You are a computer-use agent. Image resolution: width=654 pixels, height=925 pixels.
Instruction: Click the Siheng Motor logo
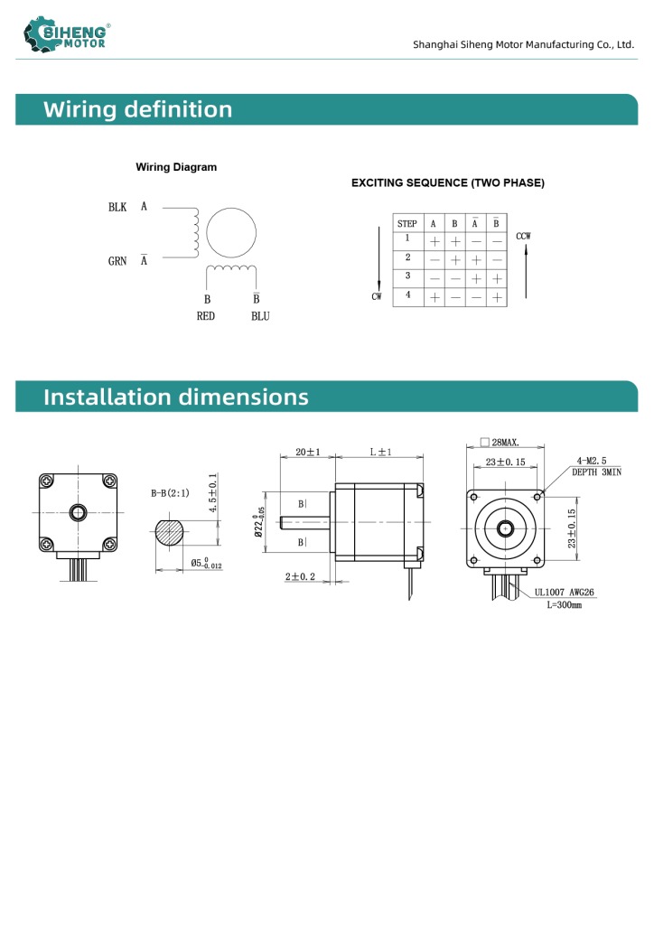coord(67,34)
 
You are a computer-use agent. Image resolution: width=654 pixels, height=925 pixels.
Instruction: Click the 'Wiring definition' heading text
coord(138,109)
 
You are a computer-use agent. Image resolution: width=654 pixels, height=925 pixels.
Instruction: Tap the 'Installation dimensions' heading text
coord(176,397)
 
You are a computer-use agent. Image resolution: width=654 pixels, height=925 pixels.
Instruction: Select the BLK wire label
coord(117,207)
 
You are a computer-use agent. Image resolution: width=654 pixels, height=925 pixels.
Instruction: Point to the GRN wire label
coord(117,261)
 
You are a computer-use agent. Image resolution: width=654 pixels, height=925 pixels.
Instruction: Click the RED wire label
coord(206,316)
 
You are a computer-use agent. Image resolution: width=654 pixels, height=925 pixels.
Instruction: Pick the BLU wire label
coord(260,316)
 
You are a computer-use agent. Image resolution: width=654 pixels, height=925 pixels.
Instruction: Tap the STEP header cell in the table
coord(406,224)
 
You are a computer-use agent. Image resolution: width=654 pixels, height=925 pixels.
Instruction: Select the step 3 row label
coord(407,276)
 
